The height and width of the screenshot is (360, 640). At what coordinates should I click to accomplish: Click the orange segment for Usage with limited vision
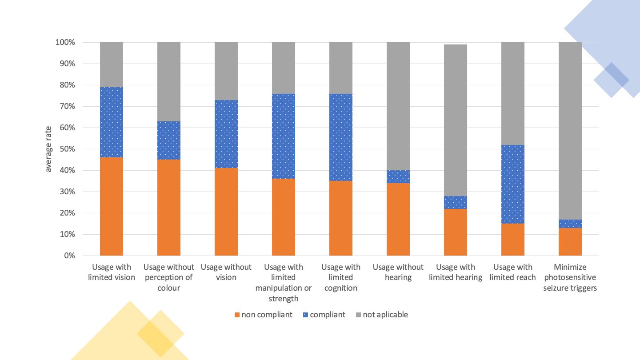click(112, 207)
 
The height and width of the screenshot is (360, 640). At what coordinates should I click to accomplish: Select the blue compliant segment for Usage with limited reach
click(513, 184)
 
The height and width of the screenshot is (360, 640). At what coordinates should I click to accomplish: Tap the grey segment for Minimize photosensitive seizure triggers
click(570, 131)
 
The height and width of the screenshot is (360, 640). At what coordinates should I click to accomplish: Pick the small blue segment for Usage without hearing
click(398, 176)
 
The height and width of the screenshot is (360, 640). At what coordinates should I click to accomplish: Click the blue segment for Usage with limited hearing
click(456, 202)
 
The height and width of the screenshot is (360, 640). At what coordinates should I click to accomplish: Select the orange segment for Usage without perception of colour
click(169, 208)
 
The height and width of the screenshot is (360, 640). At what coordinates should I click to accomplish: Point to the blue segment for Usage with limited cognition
click(341, 137)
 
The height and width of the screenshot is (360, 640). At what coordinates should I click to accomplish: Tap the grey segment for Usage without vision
click(226, 71)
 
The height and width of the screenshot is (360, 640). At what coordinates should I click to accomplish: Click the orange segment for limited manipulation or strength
click(284, 217)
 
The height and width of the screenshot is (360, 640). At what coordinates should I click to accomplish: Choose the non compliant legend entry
click(263, 315)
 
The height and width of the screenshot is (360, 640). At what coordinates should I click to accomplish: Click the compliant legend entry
click(324, 315)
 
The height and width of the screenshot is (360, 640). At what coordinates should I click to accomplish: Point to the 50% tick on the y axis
click(65, 149)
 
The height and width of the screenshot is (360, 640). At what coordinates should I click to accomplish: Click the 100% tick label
click(65, 43)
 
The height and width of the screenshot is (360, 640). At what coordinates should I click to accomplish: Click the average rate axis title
click(48, 149)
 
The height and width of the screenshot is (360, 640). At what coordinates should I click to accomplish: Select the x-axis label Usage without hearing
click(398, 272)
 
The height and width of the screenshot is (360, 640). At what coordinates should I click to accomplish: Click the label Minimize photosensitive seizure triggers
click(570, 277)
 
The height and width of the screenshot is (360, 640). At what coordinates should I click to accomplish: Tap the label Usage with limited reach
click(513, 272)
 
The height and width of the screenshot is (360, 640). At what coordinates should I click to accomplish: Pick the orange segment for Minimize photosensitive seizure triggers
click(570, 242)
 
